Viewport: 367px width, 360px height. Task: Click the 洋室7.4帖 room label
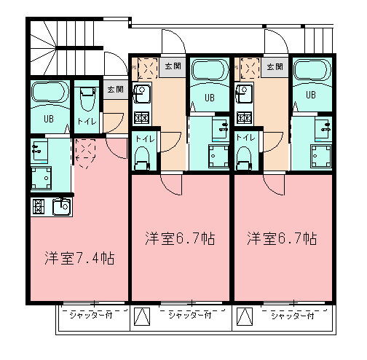pyautogui.click(x=79, y=258)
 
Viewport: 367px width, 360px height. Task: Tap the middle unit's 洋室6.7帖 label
pyautogui.click(x=180, y=238)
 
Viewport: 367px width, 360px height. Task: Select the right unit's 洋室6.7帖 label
pyautogui.click(x=282, y=238)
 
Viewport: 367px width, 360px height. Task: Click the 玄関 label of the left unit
pyautogui.click(x=116, y=90)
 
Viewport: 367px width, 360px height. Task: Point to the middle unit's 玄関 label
pyautogui.click(x=173, y=66)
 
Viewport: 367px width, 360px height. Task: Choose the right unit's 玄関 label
pyautogui.click(x=275, y=66)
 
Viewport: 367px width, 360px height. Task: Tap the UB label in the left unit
pyautogui.click(x=49, y=119)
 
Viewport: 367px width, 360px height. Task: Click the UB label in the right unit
pyautogui.click(x=311, y=95)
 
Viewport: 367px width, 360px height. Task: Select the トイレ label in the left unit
pyautogui.click(x=87, y=121)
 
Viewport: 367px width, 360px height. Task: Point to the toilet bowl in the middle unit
pyautogui.click(x=141, y=158)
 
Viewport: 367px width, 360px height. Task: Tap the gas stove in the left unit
pyautogui.click(x=39, y=207)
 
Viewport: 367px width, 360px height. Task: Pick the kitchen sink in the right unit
pyautogui.click(x=243, y=94)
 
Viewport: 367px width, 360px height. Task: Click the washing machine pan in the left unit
pyautogui.click(x=42, y=178)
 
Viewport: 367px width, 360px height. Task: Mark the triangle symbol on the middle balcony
pyautogui.click(x=142, y=316)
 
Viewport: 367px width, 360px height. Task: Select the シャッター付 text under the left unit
pyautogui.click(x=91, y=316)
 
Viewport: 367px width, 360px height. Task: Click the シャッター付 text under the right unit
pyautogui.click(x=293, y=316)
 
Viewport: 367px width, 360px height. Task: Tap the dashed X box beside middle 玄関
pyautogui.click(x=148, y=68)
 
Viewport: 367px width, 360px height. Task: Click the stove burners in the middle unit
pyautogui.click(x=141, y=119)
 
